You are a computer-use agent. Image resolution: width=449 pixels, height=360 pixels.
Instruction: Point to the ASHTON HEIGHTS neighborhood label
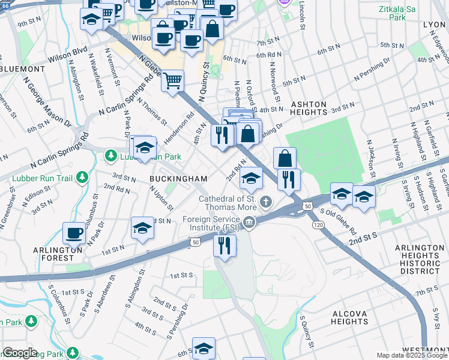tap(309, 109)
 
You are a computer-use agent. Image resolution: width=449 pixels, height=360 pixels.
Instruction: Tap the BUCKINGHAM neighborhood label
tap(178, 179)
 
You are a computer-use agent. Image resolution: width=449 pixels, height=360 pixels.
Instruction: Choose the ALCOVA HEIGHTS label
tap(356, 317)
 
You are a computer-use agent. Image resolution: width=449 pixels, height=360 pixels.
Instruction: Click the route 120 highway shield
tap(319, 224)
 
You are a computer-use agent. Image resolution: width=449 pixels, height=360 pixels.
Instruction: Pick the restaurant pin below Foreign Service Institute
tap(225, 245)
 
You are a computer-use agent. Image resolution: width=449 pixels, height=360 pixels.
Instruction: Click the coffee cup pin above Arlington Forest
tap(75, 233)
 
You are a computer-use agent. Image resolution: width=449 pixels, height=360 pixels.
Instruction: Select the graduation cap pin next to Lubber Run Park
tap(145, 148)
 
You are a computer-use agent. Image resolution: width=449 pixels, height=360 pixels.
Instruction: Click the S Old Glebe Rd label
tap(348, 222)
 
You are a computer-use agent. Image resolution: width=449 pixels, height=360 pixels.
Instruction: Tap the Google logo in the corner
tap(20, 353)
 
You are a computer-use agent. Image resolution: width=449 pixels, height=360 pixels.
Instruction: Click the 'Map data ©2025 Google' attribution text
tap(412, 355)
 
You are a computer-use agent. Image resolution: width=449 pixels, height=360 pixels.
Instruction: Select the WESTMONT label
tap(426, 350)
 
